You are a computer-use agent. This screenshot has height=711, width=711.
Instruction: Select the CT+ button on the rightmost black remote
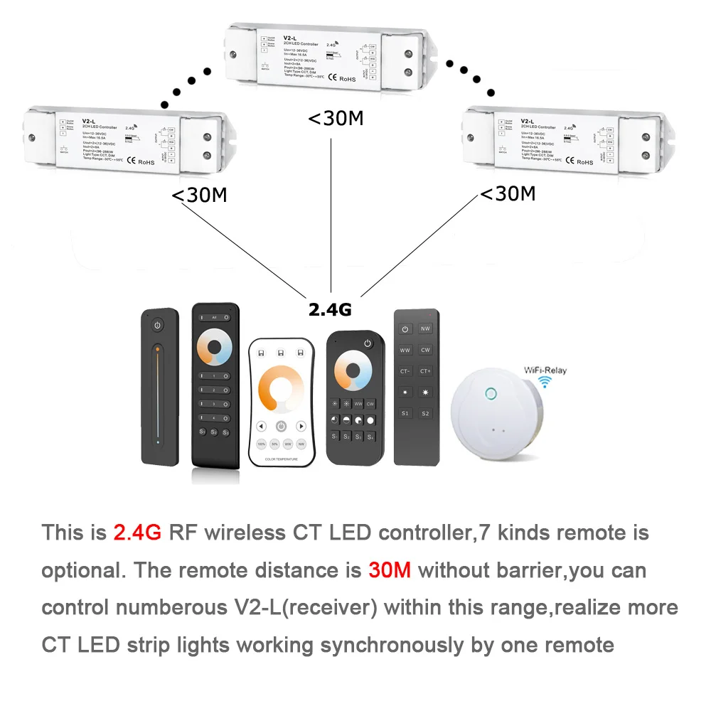[425, 371]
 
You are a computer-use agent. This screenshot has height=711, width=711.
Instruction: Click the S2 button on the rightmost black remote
[425, 412]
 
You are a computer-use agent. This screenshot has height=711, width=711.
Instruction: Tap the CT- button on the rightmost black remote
[405, 371]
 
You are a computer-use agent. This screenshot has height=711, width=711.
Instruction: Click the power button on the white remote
[282, 426]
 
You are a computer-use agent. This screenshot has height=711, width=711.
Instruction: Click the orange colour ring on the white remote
[282, 390]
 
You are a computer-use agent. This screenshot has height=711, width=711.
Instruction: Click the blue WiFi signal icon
[545, 384]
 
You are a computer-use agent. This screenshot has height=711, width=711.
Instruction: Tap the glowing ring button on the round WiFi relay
[491, 392]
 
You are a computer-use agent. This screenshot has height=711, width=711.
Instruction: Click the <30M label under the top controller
[335, 119]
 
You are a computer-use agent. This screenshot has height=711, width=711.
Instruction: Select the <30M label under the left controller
[199, 196]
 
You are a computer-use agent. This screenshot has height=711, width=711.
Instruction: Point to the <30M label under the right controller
[508, 193]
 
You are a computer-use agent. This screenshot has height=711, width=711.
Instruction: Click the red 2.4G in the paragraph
[138, 533]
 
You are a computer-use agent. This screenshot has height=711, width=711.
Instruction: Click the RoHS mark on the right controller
[584, 162]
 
